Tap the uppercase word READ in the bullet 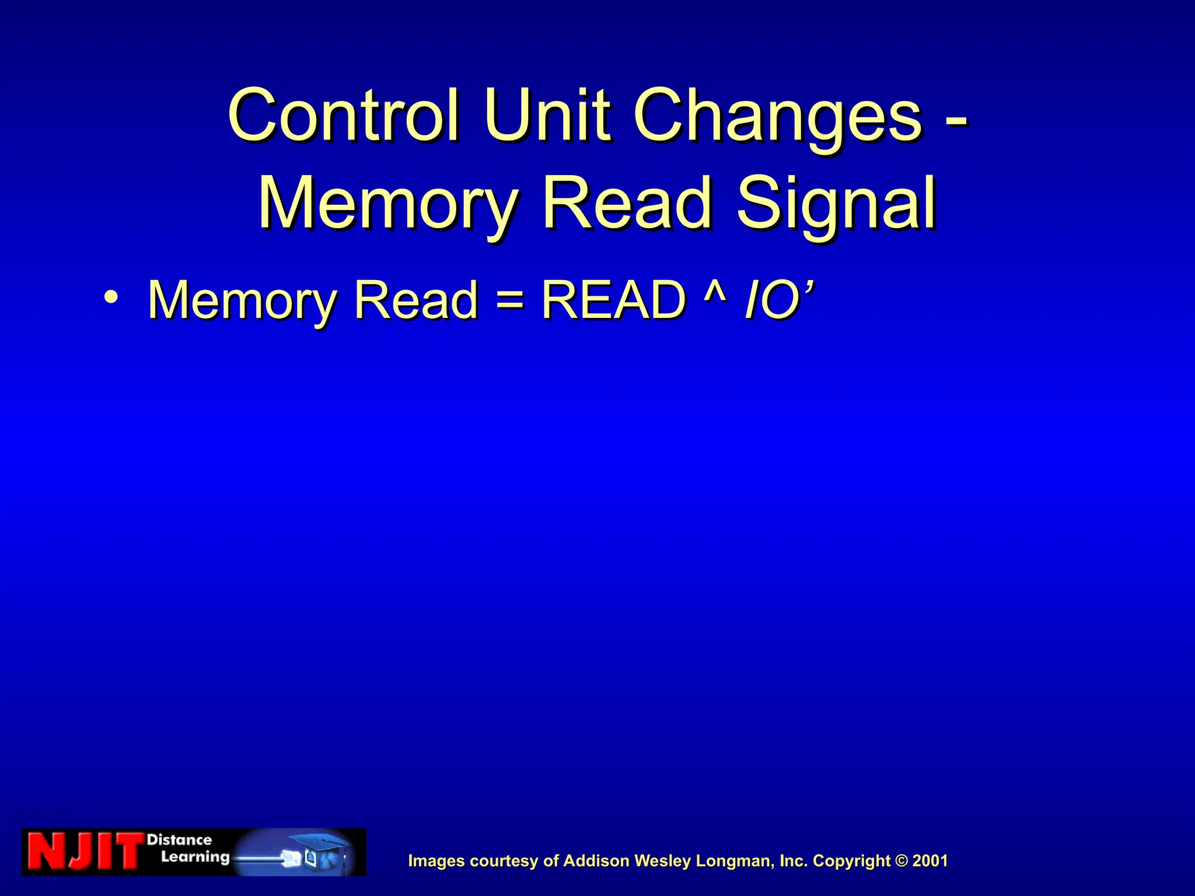(x=613, y=300)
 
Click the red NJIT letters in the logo (x=85, y=852)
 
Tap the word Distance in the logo (x=179, y=840)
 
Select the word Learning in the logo (x=195, y=857)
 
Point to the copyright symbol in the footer (x=902, y=861)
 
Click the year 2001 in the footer (x=930, y=861)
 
